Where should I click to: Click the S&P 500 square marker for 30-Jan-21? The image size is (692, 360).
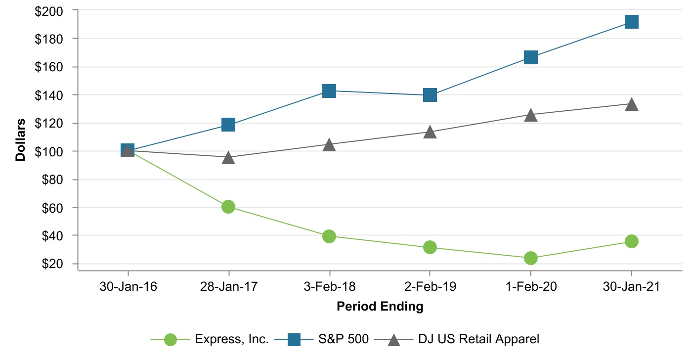[631, 22]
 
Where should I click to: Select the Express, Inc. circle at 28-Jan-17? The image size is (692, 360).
[228, 207]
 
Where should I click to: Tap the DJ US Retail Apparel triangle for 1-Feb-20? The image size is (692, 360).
[530, 115]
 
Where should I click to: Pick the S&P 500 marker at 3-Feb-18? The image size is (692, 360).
[329, 91]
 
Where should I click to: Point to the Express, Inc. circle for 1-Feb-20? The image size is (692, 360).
[530, 258]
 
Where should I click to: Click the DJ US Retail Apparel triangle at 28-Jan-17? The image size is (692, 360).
[228, 158]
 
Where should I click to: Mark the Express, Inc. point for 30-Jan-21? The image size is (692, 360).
[631, 241]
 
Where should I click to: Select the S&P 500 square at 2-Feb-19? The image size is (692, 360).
[430, 95]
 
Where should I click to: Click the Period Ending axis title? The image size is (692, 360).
[380, 307]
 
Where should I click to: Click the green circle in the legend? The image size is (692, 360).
[171, 340]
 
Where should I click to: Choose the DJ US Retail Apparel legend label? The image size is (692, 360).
[478, 340]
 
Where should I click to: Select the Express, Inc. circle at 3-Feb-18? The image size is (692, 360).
[329, 236]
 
